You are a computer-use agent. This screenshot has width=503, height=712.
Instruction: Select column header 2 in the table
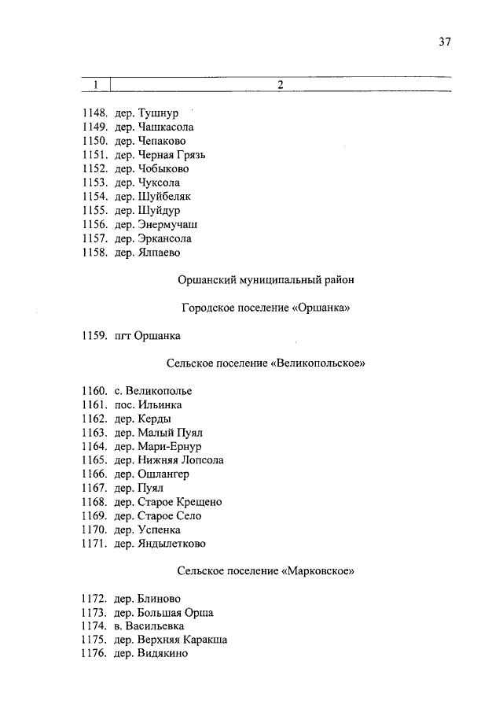pyautogui.click(x=280, y=85)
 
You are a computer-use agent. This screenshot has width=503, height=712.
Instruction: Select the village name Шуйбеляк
pyautogui.click(x=164, y=197)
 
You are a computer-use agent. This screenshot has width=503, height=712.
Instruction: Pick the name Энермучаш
pyautogui.click(x=167, y=224)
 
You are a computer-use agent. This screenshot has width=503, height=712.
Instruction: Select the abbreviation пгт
pyautogui.click(x=123, y=336)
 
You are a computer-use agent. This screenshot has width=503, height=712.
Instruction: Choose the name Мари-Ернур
pyautogui.click(x=168, y=447)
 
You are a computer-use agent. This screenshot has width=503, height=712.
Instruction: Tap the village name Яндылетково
pyautogui.click(x=172, y=544)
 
